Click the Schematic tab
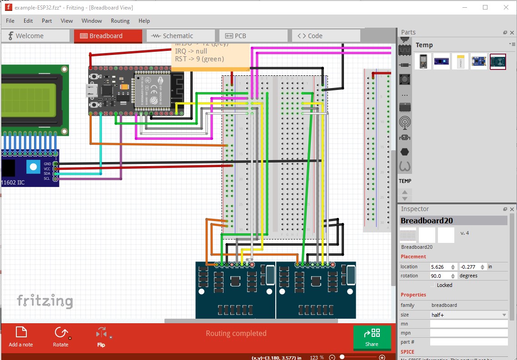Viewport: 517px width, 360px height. [x=178, y=36]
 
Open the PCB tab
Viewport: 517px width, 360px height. [x=240, y=36]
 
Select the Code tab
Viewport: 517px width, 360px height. [x=315, y=36]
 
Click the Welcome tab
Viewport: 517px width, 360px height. [x=29, y=36]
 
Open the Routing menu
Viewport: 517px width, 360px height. [x=120, y=21]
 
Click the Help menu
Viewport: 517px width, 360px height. [x=144, y=21]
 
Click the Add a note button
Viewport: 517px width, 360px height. [x=21, y=336]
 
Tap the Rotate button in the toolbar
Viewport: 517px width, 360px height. [x=60, y=336]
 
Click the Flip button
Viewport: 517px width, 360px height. [x=101, y=336]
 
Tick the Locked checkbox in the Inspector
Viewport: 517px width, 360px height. [x=432, y=285]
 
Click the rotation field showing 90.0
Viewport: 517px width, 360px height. [x=440, y=276]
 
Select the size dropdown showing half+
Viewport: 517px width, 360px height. [x=468, y=315]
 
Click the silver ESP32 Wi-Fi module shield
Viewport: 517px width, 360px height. [x=152, y=90]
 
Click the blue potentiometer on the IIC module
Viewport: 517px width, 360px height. [x=33, y=167]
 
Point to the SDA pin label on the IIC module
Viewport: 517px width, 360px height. [x=47, y=173]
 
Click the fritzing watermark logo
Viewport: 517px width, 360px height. [x=45, y=301]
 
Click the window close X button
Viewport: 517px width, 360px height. [x=506, y=8]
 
